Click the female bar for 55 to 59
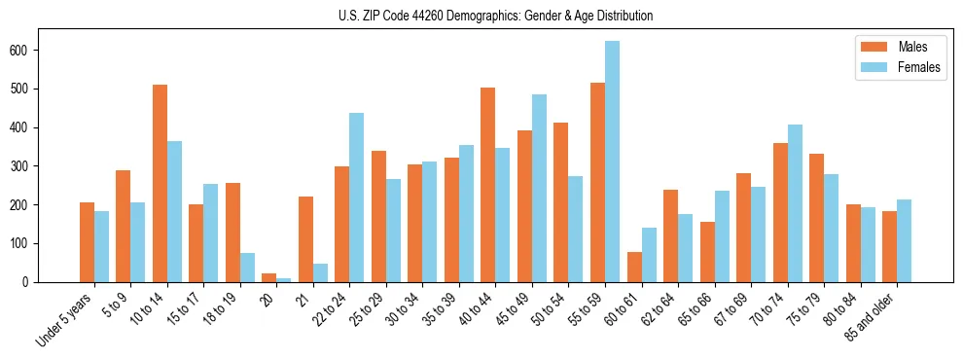pos(612,162)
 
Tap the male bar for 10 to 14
pos(160,184)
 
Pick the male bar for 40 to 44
pos(488,185)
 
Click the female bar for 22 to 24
pos(357,198)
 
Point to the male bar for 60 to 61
pos(634,267)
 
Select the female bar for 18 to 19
pos(247,268)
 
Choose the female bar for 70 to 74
pos(795,203)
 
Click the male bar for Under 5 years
pos(87,242)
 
